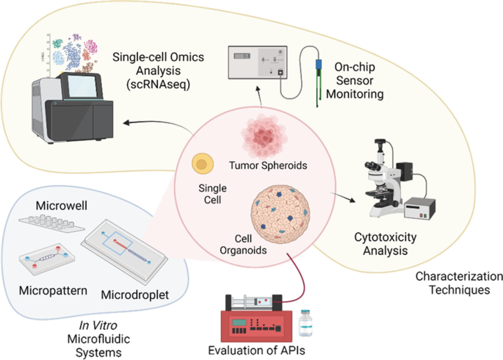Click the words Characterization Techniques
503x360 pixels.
pos(459,284)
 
